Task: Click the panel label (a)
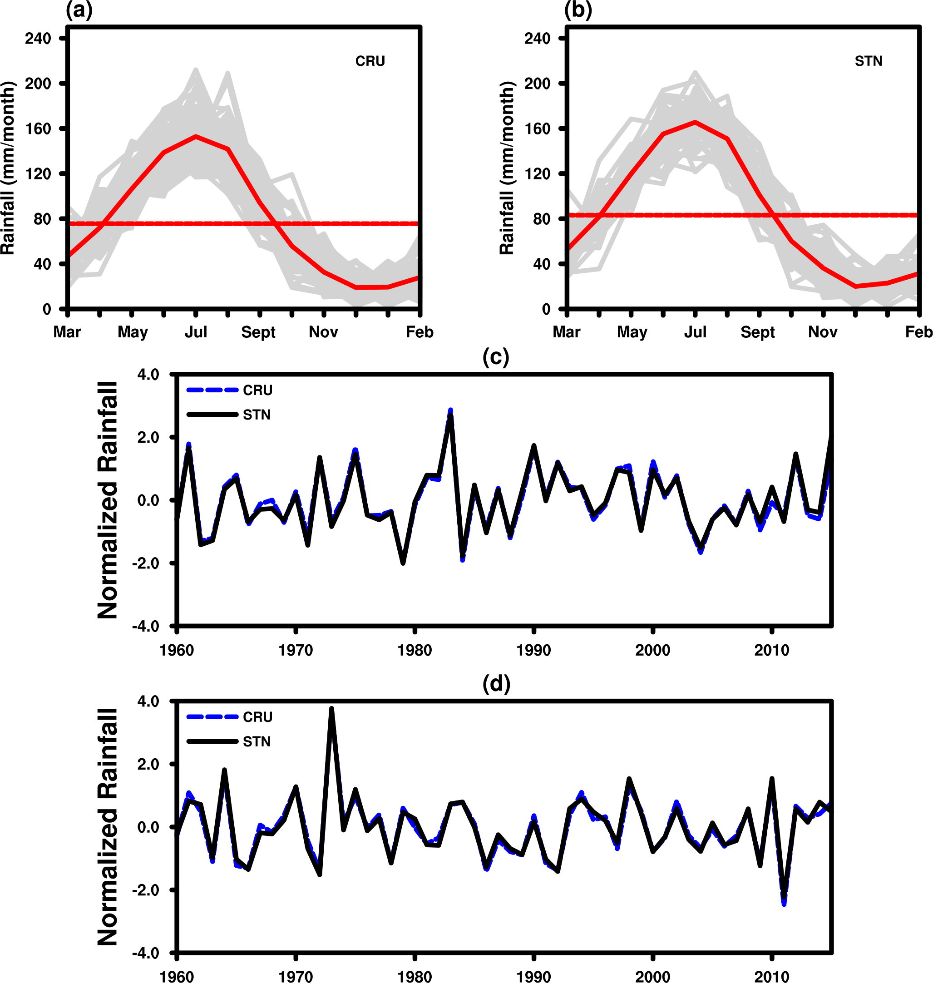[x=79, y=10]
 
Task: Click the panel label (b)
[x=578, y=10]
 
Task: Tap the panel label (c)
[x=496, y=357]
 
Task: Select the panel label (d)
[x=496, y=684]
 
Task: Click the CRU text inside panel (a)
[x=370, y=61]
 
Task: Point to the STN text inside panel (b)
[x=869, y=61]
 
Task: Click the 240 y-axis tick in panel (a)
[x=38, y=38]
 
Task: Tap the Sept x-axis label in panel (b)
[x=757, y=332]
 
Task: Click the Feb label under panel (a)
[x=419, y=332]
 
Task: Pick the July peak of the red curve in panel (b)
[x=695, y=122]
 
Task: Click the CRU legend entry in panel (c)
[x=257, y=390]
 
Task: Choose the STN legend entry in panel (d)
[x=257, y=742]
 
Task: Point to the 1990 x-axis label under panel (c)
[x=533, y=650]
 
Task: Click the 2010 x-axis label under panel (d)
[x=771, y=977]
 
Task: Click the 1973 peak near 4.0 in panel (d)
[x=332, y=709]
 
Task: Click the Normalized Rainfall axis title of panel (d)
[x=108, y=826]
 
